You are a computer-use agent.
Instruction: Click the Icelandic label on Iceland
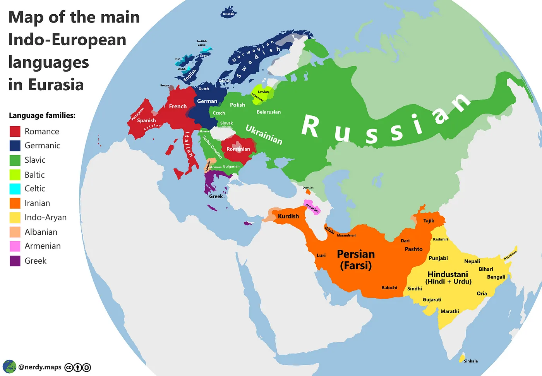(228, 14)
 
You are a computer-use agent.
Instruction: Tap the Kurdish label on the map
(288, 216)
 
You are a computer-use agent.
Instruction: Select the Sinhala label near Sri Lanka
(470, 361)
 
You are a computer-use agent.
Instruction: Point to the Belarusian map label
(269, 112)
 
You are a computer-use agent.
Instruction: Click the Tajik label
(429, 221)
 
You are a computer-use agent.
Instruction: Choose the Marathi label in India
(449, 311)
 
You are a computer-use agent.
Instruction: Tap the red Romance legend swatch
(15, 131)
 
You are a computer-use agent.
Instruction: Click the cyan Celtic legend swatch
(15, 189)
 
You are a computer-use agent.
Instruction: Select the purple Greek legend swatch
(15, 261)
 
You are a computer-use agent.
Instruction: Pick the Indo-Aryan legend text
(45, 217)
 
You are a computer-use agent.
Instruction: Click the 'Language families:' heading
(42, 115)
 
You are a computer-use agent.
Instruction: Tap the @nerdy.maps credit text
(40, 367)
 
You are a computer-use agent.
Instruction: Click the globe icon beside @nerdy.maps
(9, 366)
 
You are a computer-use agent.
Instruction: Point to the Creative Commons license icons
(78, 367)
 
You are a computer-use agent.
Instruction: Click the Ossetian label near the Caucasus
(308, 188)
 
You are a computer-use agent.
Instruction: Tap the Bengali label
(496, 277)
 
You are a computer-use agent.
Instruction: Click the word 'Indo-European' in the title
(67, 39)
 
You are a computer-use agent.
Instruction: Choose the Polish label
(237, 105)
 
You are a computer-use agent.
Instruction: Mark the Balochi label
(389, 288)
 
